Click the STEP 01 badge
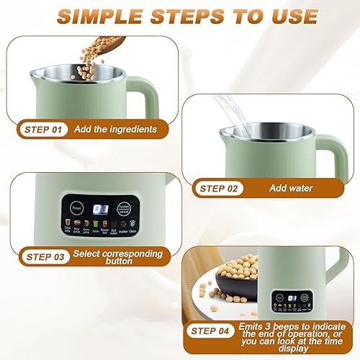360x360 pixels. (43, 130)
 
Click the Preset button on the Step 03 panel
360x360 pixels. (76, 207)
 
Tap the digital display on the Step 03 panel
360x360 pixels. (105, 209)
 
